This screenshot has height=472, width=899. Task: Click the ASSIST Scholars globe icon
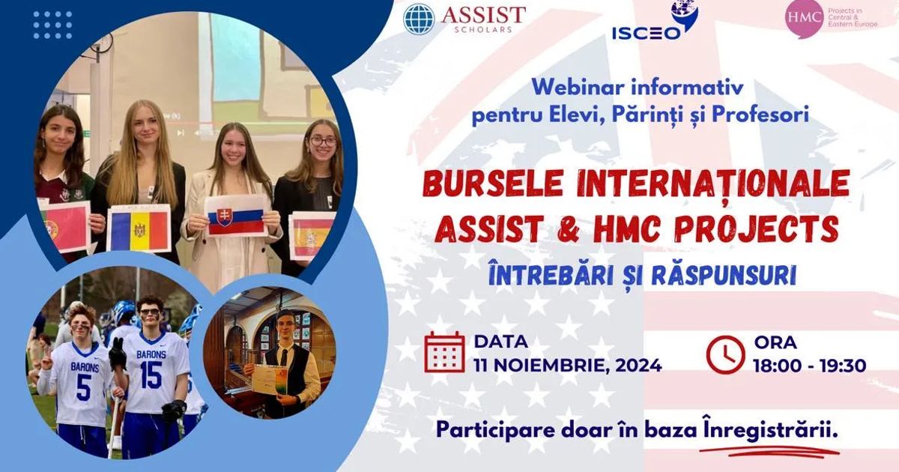pyautogui.click(x=419, y=19)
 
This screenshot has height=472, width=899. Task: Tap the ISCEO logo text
pyautogui.click(x=646, y=34)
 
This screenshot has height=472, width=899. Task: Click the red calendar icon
pyautogui.click(x=444, y=352)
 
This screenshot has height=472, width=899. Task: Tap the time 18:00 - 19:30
pyautogui.click(x=809, y=366)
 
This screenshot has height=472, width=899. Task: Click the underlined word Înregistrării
pyautogui.click(x=770, y=430)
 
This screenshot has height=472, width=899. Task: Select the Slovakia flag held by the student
pyautogui.click(x=235, y=216)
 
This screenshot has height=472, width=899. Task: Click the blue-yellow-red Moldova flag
pyautogui.click(x=139, y=229)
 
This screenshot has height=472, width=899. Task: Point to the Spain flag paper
pyautogui.click(x=312, y=235)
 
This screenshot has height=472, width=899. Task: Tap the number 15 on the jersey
pyautogui.click(x=151, y=375)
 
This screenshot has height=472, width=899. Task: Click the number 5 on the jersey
pyautogui.click(x=83, y=387)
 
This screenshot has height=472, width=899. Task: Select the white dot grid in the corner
pyautogui.click(x=52, y=25)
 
